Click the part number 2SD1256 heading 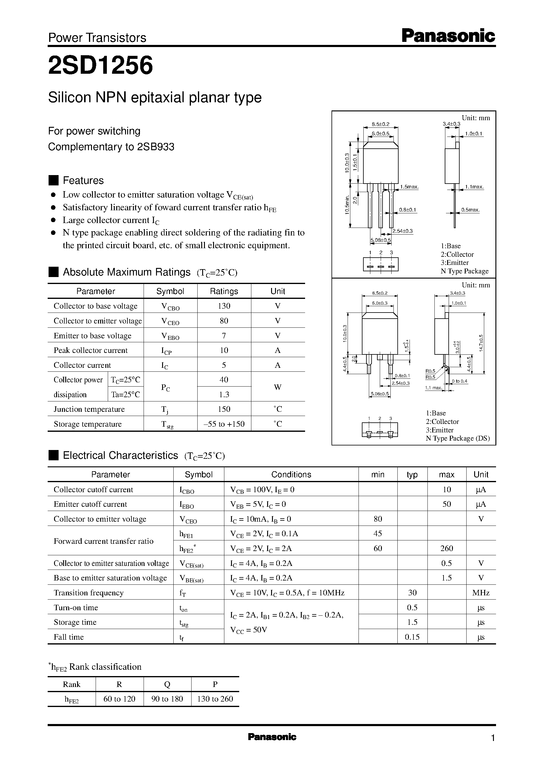point(100,65)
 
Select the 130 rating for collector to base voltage point(224,306)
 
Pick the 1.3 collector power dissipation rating point(224,394)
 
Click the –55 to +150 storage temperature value point(224,424)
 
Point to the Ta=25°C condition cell point(125,394)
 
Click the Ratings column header point(224,291)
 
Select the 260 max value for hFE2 point(447,548)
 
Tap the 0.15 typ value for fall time point(412,637)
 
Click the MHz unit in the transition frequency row point(481,593)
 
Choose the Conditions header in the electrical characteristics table point(291,474)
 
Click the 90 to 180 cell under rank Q point(167,699)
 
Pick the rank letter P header point(215,684)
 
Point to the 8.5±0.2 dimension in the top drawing point(381,124)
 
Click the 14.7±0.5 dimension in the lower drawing point(481,343)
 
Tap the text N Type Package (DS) point(457,438)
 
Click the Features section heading point(83,181)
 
